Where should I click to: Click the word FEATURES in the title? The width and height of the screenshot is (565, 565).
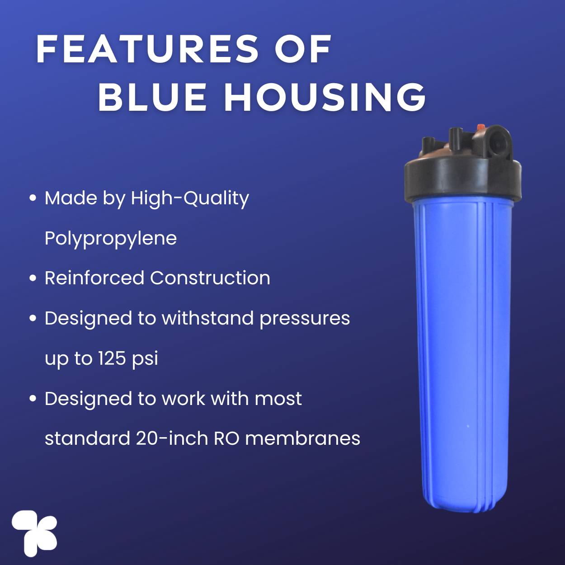tap(147, 49)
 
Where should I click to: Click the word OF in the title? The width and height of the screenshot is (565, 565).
tap(302, 49)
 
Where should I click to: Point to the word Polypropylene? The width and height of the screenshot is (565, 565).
tap(111, 239)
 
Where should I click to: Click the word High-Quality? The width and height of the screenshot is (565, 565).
tap(190, 199)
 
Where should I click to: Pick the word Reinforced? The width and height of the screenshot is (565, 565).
tap(94, 278)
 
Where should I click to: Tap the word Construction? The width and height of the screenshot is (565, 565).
tap(210, 278)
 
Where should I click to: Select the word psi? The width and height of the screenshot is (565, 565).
tap(145, 359)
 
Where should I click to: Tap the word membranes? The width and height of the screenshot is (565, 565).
tap(302, 438)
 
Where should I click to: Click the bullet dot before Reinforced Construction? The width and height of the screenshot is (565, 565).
tap(33, 278)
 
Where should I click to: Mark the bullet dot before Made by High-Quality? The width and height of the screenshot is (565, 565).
tap(33, 198)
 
